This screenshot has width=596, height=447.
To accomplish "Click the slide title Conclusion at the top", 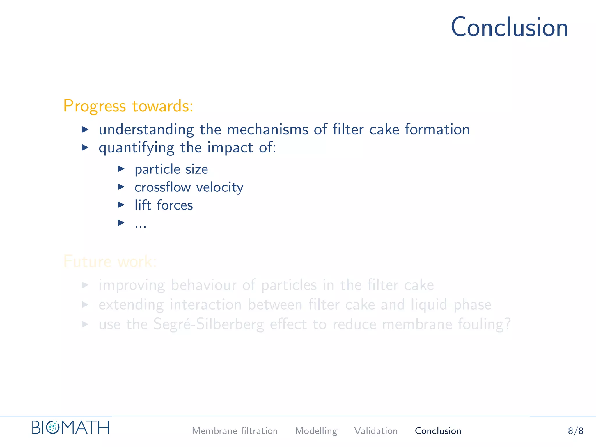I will pos(509,27).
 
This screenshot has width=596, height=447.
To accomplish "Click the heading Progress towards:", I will pos(128,106).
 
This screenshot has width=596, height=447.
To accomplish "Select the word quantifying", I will pos(136,148).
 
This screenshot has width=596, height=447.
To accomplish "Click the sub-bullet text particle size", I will pos(171,169).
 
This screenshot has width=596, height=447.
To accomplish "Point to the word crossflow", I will pos(162,187).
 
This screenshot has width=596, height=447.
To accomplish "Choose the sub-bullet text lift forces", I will pos(164,205).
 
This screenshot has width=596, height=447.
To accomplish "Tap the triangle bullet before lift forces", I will pos(121,205).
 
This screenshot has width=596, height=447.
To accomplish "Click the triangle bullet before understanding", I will pos(85,129).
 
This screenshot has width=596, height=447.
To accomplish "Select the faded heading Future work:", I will pos(110,261).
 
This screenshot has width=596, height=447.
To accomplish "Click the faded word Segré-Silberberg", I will pos(208,324).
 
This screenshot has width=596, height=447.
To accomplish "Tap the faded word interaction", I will pos(205,305).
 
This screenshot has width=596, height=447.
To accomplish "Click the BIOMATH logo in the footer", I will pos(71,428).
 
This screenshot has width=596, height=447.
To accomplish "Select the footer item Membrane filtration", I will pos(235,431).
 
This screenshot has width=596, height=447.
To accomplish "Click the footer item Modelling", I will pos(316,431).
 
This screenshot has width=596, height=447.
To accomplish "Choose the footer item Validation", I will pos(376,431).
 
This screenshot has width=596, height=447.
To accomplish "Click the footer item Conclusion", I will pos(438,431).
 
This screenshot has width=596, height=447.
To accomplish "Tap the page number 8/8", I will pos(575,431).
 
